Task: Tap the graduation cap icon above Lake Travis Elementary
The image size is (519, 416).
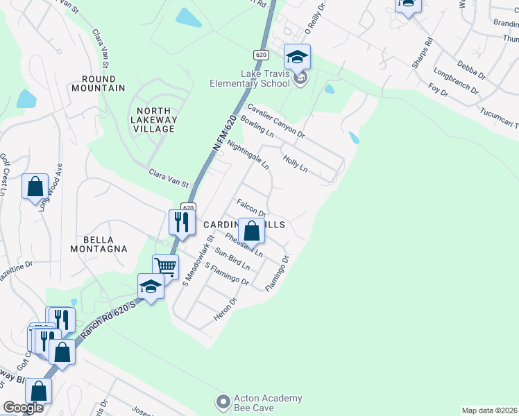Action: click(297, 56)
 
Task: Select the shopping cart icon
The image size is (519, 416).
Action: click(165, 266)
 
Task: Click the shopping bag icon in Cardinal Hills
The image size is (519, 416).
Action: click(252, 230)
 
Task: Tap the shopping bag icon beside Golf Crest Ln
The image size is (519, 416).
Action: click(35, 187)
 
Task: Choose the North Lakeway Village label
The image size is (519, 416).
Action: click(155, 119)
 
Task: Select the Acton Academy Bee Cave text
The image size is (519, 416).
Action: click(267, 403)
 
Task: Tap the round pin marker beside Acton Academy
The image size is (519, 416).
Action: click(223, 402)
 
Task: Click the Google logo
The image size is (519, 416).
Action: click(23, 408)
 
